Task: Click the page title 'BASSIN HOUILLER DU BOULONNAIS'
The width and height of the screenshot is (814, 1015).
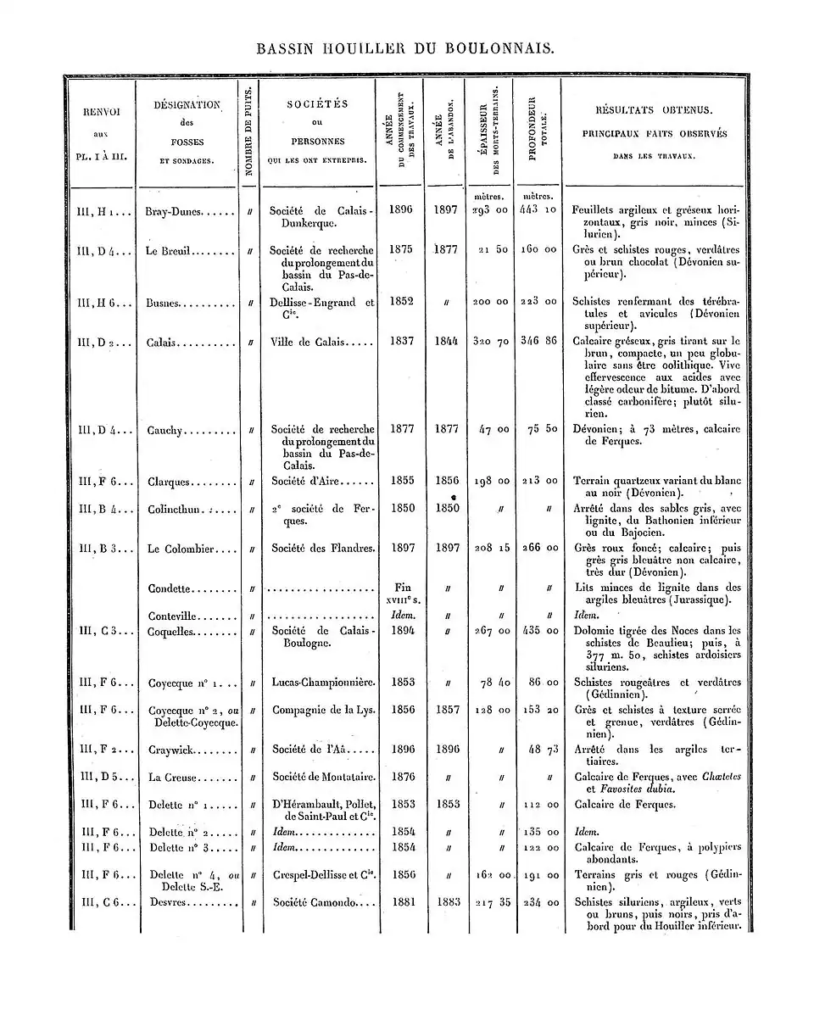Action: [406, 49]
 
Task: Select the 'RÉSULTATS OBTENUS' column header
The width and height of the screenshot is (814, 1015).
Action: [654, 111]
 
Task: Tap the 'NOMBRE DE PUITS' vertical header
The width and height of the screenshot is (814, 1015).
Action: [248, 132]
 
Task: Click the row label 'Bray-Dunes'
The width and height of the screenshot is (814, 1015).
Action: [176, 210]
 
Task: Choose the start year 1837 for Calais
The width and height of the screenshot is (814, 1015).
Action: [401, 341]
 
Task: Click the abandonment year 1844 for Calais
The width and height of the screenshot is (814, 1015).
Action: [447, 341]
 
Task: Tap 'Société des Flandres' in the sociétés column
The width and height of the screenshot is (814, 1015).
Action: [322, 549]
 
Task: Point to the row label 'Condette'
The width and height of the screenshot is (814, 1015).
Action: [170, 588]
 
